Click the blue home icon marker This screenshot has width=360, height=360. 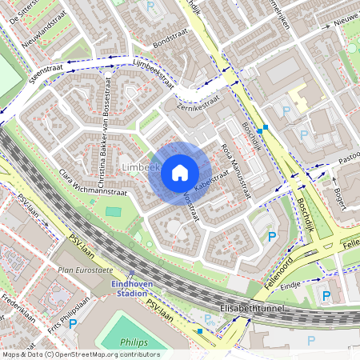click(180, 173)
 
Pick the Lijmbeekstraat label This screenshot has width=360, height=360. click(150, 72)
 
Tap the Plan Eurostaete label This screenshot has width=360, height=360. click(79, 270)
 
